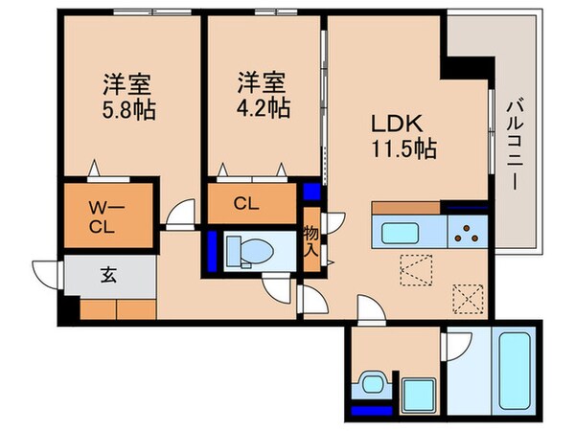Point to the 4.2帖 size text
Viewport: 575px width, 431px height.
pyautogui.click(x=263, y=107)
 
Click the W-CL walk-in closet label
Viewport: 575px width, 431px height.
pyautogui.click(x=106, y=218)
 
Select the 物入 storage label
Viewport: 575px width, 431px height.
pyautogui.click(x=311, y=242)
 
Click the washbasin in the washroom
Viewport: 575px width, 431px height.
pyautogui.click(x=370, y=384)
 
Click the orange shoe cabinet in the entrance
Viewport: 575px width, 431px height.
pyautogui.click(x=117, y=309)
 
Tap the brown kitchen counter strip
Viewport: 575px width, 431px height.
pyautogui.click(x=406, y=208)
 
